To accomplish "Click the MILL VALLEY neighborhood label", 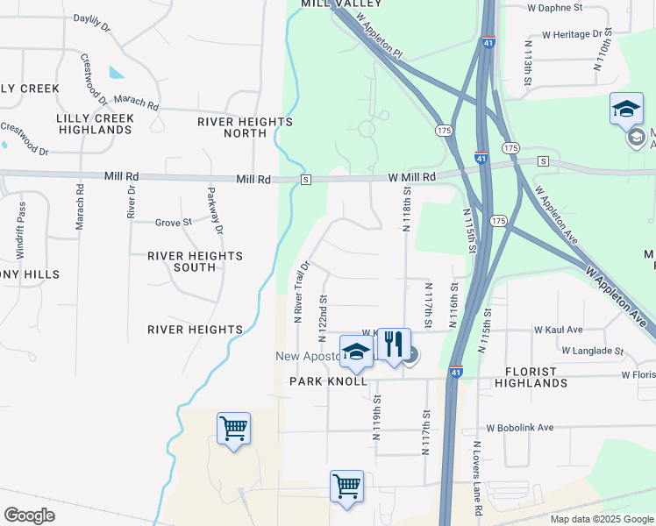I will pyautogui.click(x=332, y=4).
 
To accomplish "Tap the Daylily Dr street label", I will pyautogui.click(x=92, y=22).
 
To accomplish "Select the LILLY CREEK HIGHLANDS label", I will pyautogui.click(x=95, y=124).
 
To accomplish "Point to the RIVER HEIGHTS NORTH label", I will pyautogui.click(x=245, y=127).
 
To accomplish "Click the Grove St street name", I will pyautogui.click(x=173, y=223).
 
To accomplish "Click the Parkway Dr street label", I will pyautogui.click(x=214, y=210).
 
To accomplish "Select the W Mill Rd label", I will pyautogui.click(x=412, y=177).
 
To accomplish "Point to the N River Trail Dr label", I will pyautogui.click(x=302, y=291).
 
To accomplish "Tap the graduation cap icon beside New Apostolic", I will pyautogui.click(x=356, y=353).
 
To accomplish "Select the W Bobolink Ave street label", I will pyautogui.click(x=521, y=427).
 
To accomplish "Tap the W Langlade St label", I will pyautogui.click(x=592, y=351).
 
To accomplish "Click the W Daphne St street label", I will pyautogui.click(x=554, y=8).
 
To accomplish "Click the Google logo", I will pyautogui.click(x=29, y=515).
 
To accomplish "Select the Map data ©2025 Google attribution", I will pyautogui.click(x=600, y=519).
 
